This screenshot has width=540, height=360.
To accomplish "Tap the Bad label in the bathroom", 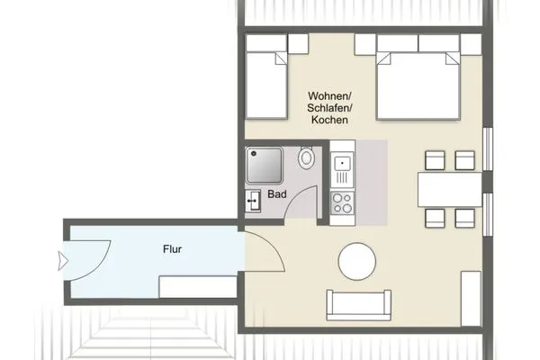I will click(x=277, y=194).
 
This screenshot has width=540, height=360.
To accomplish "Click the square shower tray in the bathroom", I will click(x=265, y=166).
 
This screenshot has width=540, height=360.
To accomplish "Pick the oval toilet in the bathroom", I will click(x=307, y=159).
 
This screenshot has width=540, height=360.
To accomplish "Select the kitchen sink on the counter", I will click(x=342, y=165).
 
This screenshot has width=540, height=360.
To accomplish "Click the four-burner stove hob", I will click(x=342, y=203).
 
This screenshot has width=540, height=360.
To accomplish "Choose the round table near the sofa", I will click(x=356, y=262).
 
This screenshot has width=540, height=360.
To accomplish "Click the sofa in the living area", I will click(x=360, y=304).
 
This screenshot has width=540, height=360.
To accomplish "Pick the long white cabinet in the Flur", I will click(x=196, y=287).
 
